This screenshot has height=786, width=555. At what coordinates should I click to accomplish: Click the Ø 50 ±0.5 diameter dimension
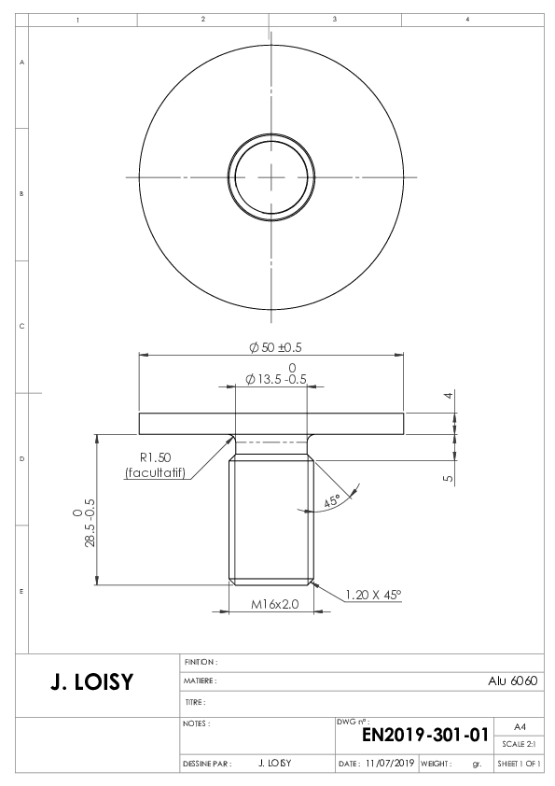(275, 347)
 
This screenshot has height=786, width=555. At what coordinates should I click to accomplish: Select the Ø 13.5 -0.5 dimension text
(276, 379)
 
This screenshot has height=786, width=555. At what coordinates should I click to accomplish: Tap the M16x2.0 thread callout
(274, 604)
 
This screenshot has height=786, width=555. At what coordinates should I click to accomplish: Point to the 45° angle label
(331, 500)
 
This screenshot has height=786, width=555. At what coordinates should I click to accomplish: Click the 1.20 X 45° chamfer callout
(373, 595)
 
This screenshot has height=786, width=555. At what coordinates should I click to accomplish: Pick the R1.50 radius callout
(155, 457)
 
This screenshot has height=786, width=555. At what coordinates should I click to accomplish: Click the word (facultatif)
(155, 472)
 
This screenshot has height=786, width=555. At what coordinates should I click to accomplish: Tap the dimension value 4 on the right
(449, 395)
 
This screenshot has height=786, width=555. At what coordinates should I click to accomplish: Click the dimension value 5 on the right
(449, 478)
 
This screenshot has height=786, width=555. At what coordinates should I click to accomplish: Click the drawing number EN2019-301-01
(424, 735)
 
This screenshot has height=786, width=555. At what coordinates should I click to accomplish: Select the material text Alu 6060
(512, 681)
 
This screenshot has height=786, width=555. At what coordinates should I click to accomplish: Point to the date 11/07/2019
(390, 763)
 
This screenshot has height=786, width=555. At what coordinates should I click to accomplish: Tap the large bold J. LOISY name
(92, 682)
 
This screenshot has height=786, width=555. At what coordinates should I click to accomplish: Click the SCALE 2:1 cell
(519, 744)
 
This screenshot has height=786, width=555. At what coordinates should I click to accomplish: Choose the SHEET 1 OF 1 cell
(519, 764)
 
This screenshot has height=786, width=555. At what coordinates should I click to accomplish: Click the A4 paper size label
(520, 727)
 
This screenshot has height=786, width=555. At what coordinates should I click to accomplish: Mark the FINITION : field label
(201, 662)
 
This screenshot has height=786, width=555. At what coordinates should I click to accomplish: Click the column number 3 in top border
(335, 19)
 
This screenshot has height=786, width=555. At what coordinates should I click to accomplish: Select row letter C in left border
(21, 326)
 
